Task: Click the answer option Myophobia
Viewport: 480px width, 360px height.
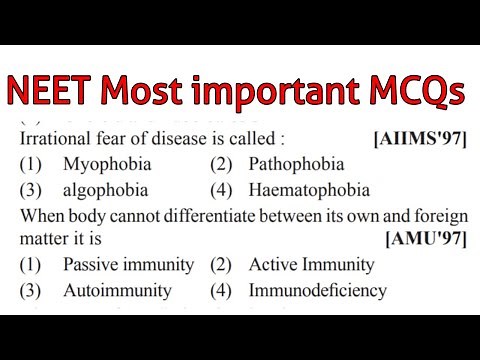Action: [x=101, y=163]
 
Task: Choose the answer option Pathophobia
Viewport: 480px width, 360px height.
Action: [x=297, y=163]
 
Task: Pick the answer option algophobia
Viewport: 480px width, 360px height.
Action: [x=106, y=189]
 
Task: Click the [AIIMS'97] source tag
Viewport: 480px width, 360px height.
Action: [x=419, y=138]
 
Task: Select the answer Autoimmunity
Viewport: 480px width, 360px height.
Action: [x=117, y=291]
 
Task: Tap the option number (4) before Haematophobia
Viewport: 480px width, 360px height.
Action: [x=222, y=189]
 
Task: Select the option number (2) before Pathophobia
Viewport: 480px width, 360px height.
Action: [x=222, y=163]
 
